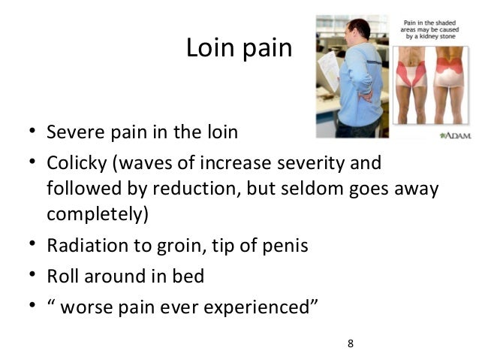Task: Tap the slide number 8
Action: [x=350, y=343]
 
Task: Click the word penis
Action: [x=286, y=246]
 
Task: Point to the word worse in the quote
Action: [x=87, y=306]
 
